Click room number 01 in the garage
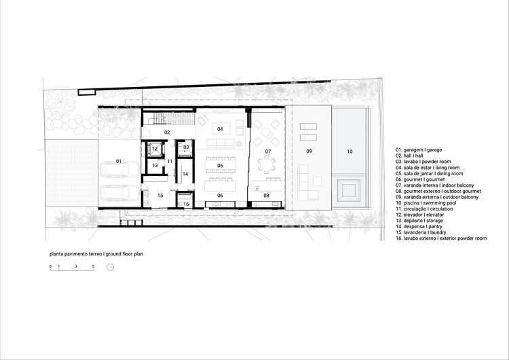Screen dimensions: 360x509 tap(118, 161)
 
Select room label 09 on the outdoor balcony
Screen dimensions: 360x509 tap(308, 150)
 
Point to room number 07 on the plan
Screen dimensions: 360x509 tap(268, 151)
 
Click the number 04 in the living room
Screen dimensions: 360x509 tap(220, 128)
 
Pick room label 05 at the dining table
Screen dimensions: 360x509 tap(220, 165)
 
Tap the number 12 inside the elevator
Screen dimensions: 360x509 tap(155, 148)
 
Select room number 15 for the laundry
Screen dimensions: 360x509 tap(160, 196)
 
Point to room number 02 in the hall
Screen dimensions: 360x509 tap(166, 132)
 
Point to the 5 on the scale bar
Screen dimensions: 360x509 tap(94, 267)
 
